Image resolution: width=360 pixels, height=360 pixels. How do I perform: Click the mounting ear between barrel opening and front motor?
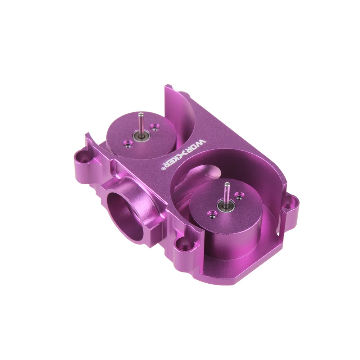pyautogui.click(x=184, y=245)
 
